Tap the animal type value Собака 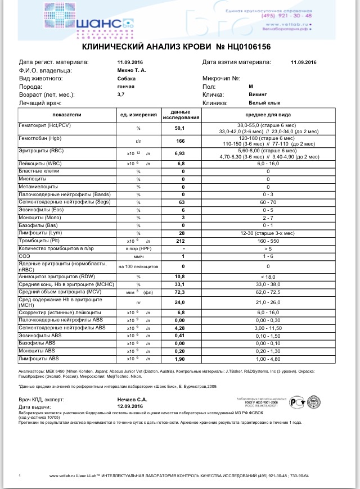pos(127,79)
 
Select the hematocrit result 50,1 pos(181,128)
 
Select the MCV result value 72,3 pos(181,292)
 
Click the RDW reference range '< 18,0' pos(268,277)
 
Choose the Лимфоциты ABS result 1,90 pos(181,359)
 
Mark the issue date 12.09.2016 pos(132,406)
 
